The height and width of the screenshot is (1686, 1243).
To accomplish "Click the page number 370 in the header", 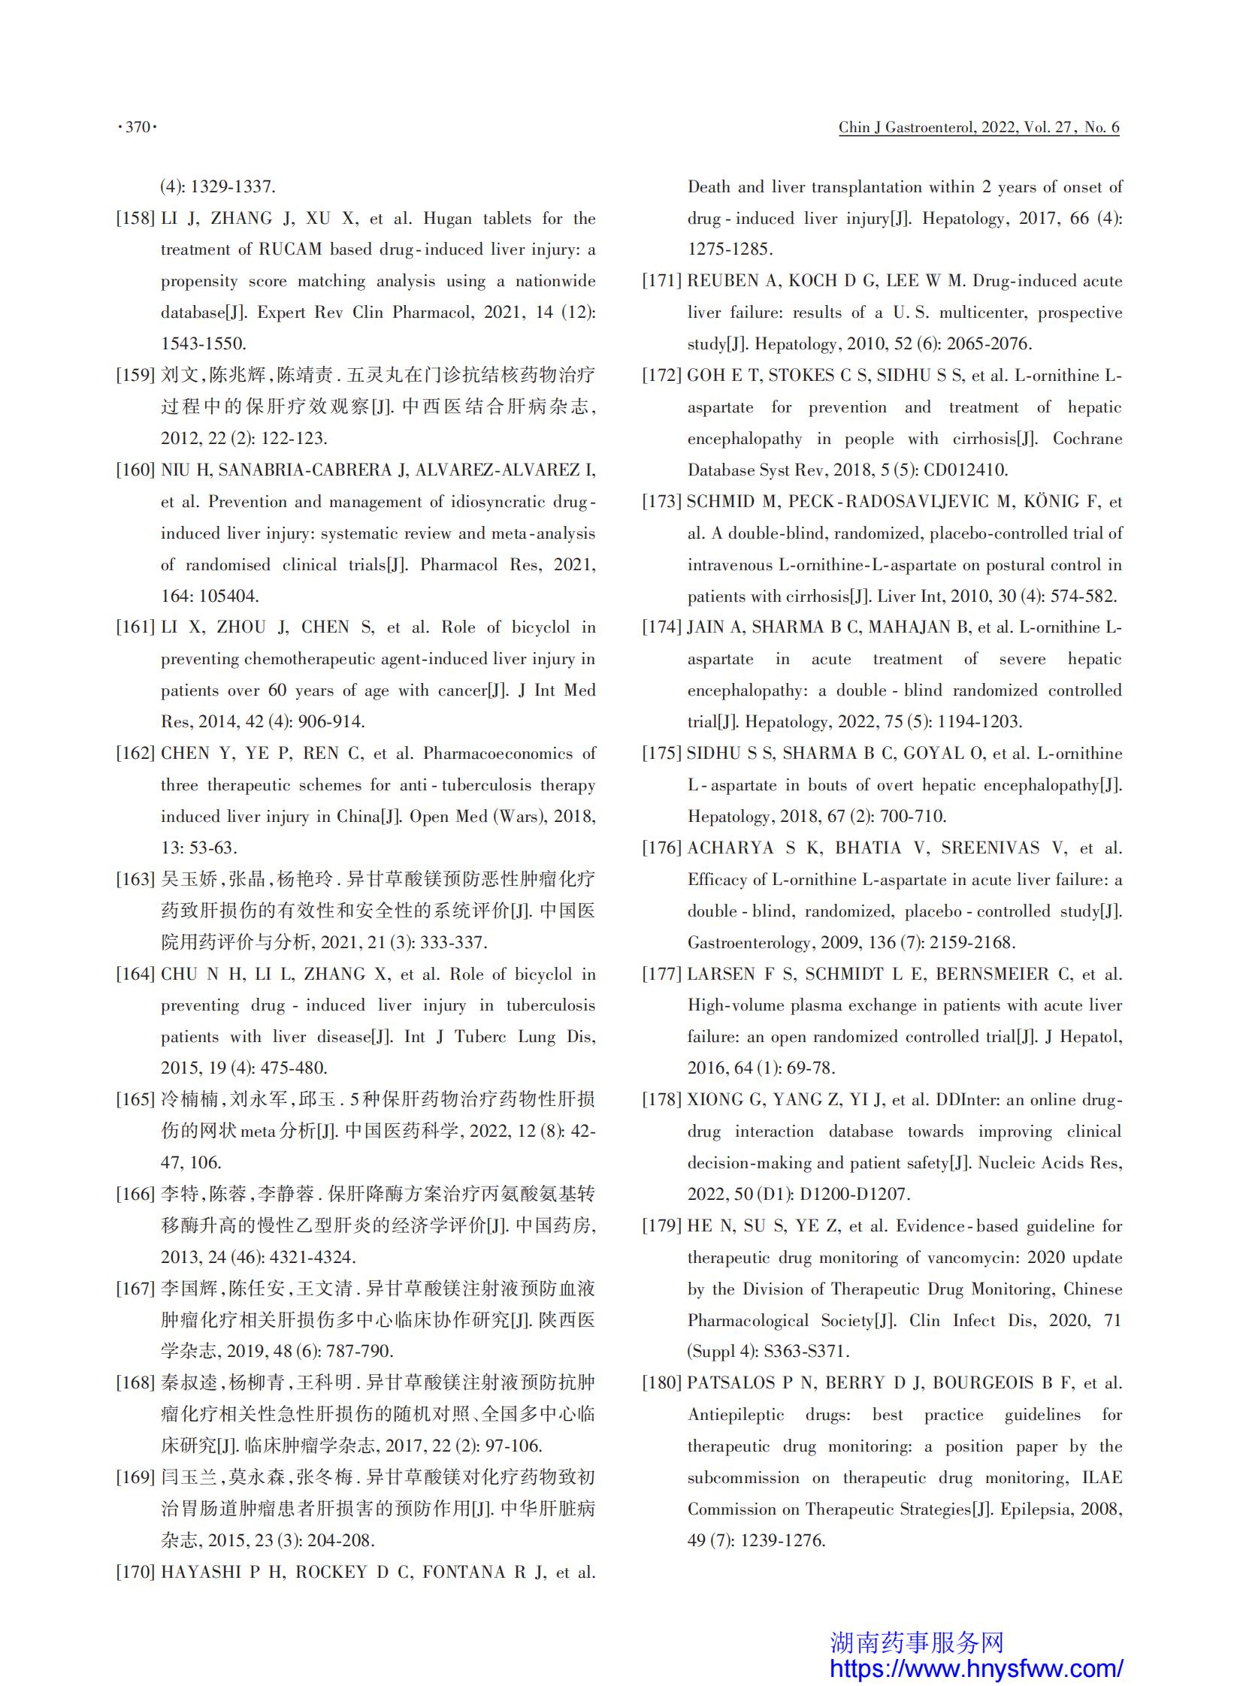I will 138,127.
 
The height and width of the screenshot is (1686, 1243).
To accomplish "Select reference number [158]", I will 135,219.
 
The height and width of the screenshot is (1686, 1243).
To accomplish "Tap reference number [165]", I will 135,1100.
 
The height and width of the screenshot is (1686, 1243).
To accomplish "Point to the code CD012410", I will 964,470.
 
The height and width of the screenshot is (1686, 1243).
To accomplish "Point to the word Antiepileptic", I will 736,1415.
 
